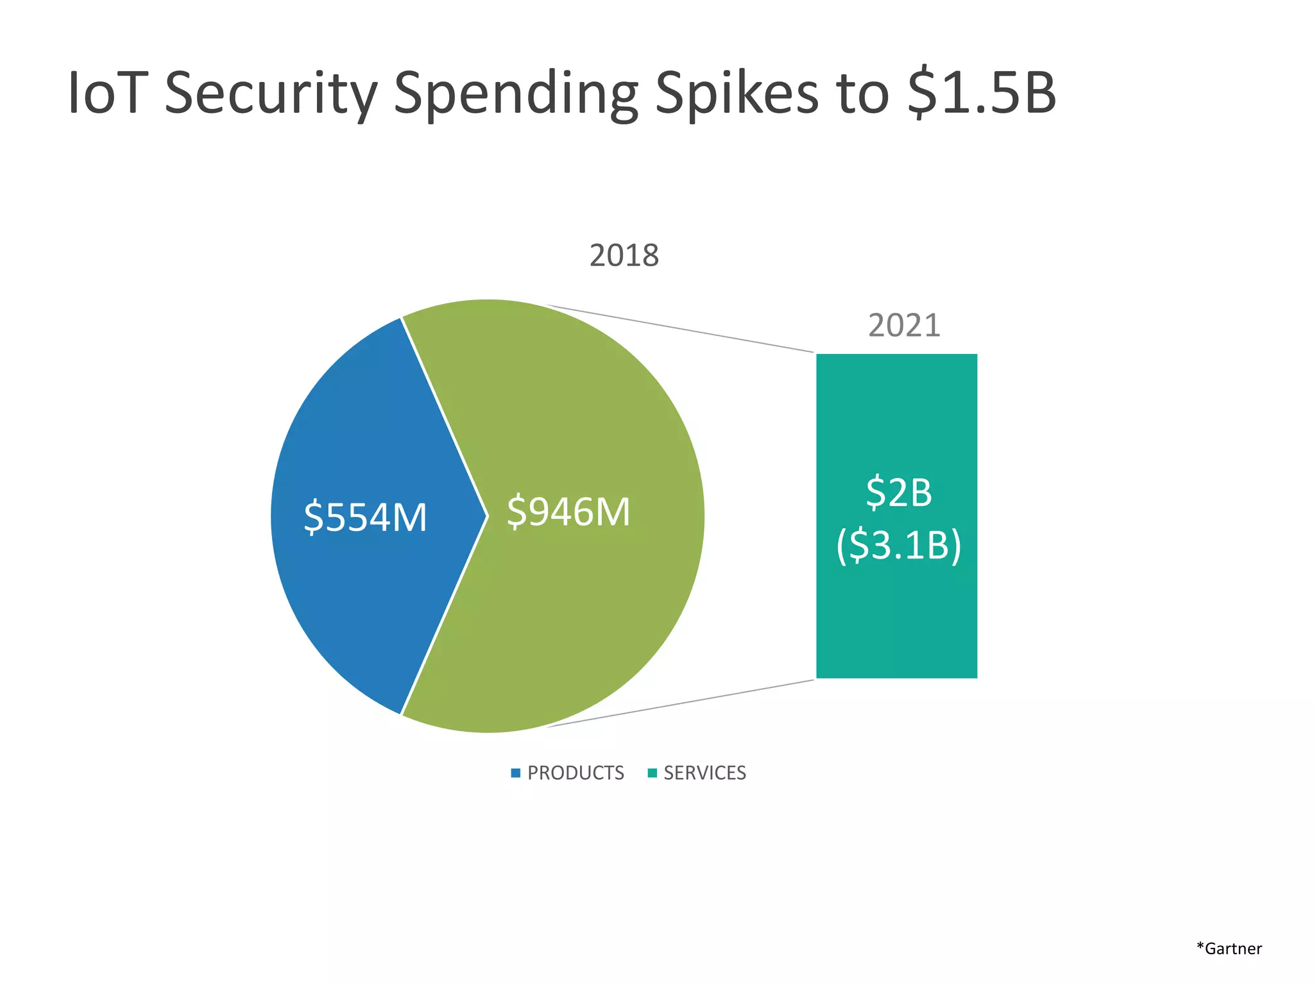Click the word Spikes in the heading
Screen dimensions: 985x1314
coord(736,94)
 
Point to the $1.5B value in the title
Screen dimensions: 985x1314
coord(981,94)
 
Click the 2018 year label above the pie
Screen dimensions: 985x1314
coord(624,256)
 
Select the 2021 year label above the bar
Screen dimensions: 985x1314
coord(903,326)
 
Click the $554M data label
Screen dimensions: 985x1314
coord(365,518)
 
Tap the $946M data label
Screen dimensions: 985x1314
coord(568,512)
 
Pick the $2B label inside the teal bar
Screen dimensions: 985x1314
coord(898,492)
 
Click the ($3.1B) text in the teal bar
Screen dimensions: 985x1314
coord(898,546)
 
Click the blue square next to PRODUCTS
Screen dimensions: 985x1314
coord(515,773)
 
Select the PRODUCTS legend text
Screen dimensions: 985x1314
coord(576,773)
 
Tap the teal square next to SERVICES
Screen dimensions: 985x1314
coord(653,773)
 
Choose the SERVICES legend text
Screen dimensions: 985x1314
coord(704,773)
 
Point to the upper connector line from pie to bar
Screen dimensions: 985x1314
coord(680,329)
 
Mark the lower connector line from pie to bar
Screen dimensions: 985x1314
coord(680,703)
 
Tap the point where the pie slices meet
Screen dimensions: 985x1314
coord(488,516)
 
